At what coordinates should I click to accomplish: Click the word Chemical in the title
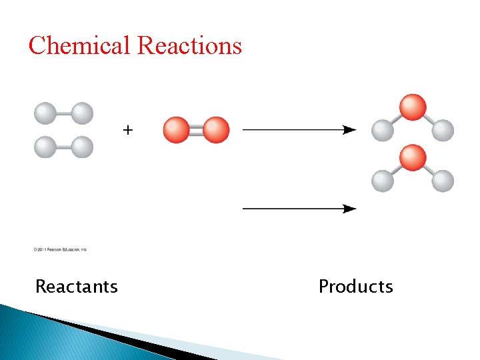click(79, 45)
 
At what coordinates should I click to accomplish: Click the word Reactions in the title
click(189, 45)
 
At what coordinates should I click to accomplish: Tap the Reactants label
click(76, 287)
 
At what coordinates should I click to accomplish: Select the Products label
click(355, 287)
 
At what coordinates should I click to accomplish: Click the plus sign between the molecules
click(127, 130)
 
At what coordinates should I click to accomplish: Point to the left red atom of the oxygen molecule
click(177, 130)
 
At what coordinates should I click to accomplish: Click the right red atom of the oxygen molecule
click(216, 130)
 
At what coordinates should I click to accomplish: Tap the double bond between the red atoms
click(196, 130)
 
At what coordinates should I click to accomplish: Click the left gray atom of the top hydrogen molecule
click(45, 113)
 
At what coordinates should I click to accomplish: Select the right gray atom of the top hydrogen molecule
click(82, 113)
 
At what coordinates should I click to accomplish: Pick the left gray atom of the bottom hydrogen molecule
click(45, 147)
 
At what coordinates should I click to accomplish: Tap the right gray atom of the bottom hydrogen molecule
click(82, 147)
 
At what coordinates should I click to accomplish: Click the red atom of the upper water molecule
click(413, 107)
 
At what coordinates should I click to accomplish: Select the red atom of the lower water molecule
click(413, 158)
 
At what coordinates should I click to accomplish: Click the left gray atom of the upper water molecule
click(383, 131)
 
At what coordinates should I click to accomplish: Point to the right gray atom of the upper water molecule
click(443, 131)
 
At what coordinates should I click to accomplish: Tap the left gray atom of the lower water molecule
click(383, 181)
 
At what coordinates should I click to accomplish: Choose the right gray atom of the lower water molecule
click(443, 181)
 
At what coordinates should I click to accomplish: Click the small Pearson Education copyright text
click(60, 250)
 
